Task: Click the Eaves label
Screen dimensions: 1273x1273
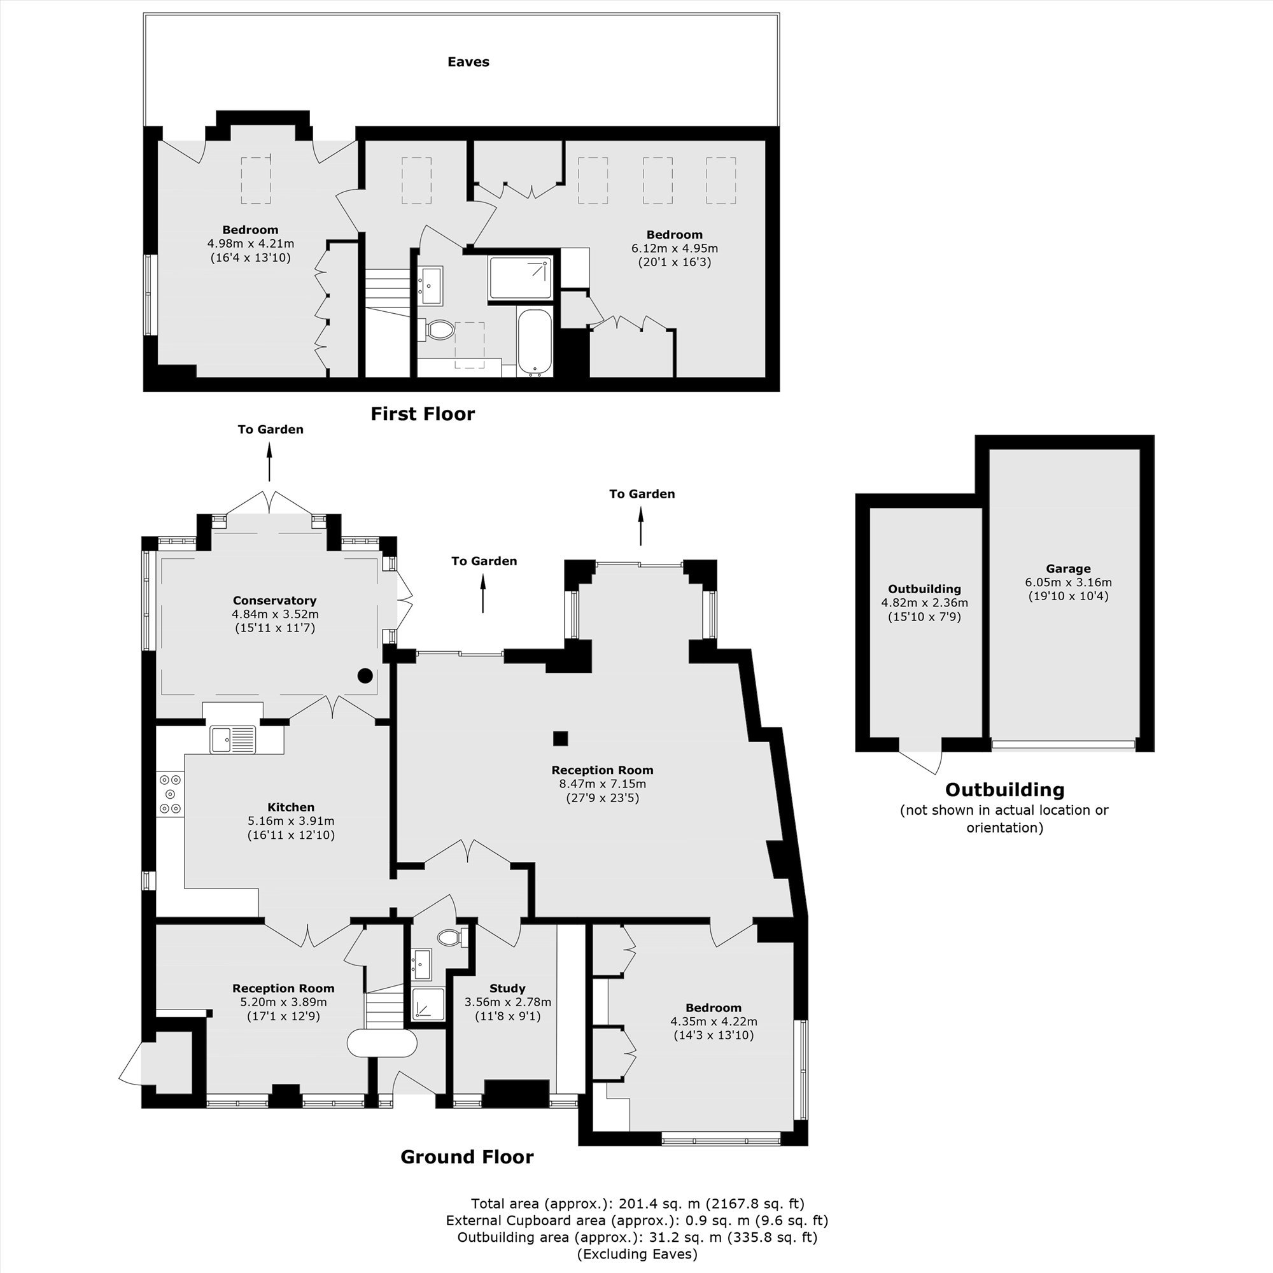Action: [468, 62]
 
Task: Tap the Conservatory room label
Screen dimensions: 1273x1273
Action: [275, 600]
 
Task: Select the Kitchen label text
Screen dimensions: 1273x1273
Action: [291, 807]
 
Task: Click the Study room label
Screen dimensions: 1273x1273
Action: [507, 988]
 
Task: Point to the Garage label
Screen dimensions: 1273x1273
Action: [1068, 568]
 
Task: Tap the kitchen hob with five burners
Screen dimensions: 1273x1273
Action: [171, 794]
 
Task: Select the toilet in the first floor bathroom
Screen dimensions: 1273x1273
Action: [435, 330]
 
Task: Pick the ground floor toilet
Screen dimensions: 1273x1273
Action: [452, 937]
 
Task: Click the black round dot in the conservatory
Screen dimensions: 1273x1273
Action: [365, 675]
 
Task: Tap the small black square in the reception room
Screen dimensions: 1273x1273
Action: [560, 738]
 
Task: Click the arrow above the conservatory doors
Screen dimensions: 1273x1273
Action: [269, 462]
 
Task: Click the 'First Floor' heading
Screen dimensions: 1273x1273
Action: [423, 414]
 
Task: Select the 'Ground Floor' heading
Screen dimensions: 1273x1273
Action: [467, 1157]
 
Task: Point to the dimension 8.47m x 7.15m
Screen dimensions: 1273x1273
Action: [602, 784]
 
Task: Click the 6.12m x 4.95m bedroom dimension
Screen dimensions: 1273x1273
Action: [675, 248]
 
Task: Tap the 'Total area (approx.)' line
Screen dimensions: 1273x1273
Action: [638, 1204]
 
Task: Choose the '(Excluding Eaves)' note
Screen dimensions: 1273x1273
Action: [637, 1254]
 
